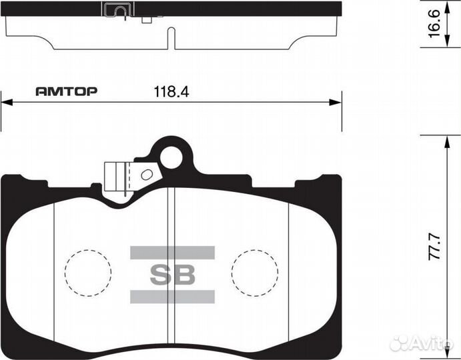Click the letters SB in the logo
[172, 274]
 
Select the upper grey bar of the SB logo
[172, 252]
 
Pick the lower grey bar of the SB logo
[172, 297]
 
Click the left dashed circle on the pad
[87, 273]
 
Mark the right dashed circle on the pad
[254, 273]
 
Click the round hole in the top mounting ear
[172, 158]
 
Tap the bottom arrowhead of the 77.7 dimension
[446, 353]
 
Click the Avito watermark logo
[423, 343]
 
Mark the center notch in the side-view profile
[173, 38]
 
